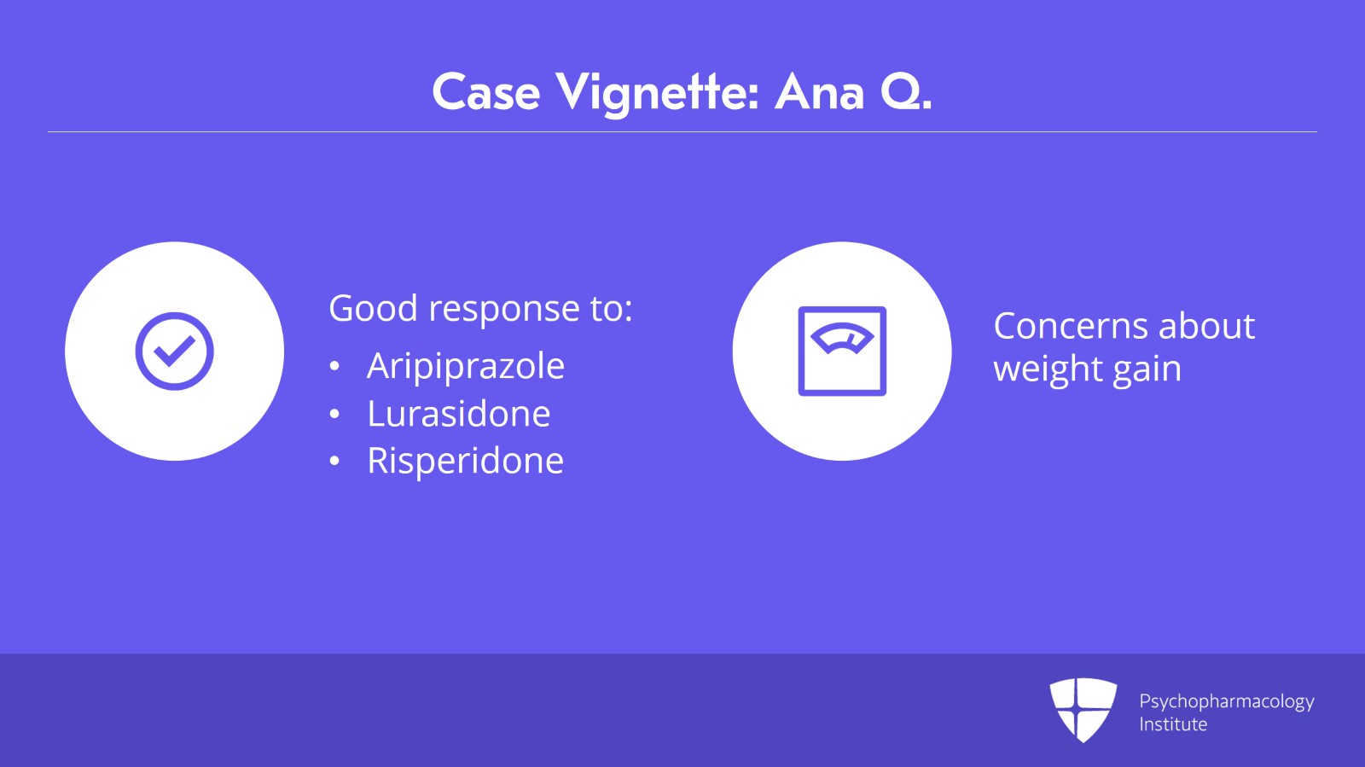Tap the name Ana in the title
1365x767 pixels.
click(x=819, y=93)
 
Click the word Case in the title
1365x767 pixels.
click(x=485, y=93)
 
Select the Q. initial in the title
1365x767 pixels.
click(x=906, y=93)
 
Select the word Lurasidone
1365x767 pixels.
click(x=458, y=414)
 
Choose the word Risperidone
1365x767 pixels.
click(x=465, y=461)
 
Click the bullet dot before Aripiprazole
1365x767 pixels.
click(x=334, y=366)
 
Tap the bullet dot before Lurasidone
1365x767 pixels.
click(x=334, y=414)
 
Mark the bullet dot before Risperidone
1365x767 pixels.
click(x=334, y=462)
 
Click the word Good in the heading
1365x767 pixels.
click(x=373, y=308)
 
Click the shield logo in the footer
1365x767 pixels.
click(x=1083, y=710)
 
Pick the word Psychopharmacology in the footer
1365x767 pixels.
click(x=1226, y=702)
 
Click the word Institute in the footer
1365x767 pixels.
click(x=1173, y=724)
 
